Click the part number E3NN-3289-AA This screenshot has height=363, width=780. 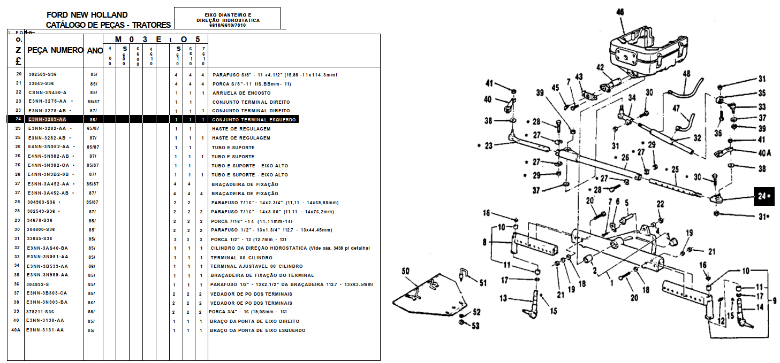click(x=47, y=119)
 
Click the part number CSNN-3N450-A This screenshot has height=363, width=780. click(x=47, y=92)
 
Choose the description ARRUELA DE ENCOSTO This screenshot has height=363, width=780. click(x=241, y=93)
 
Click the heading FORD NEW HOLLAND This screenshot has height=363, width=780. click(x=87, y=14)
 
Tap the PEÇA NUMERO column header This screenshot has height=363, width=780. click(x=55, y=50)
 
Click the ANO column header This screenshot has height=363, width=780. click(x=95, y=50)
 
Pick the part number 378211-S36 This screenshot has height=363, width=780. click(x=41, y=312)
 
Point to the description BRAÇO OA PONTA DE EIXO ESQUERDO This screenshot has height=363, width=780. click(x=258, y=330)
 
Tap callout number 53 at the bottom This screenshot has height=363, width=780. click(x=475, y=326)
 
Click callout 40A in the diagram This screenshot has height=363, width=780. click(x=764, y=152)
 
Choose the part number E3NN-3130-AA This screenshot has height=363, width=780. click(x=46, y=321)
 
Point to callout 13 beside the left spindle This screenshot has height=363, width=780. click(x=503, y=298)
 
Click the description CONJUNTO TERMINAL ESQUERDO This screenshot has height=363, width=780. click(x=254, y=120)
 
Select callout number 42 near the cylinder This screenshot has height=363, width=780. click(x=600, y=67)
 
